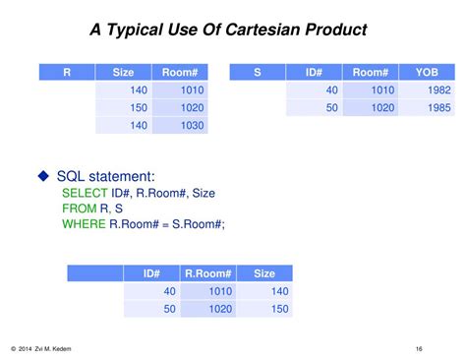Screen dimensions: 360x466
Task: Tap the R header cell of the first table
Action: pyautogui.click(x=67, y=72)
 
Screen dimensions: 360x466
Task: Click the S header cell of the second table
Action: pyautogui.click(x=258, y=72)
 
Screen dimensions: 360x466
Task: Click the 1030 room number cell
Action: pyautogui.click(x=192, y=125)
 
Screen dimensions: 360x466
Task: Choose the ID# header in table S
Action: pyautogui.click(x=315, y=72)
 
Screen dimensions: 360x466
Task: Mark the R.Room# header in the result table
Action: pyautogui.click(x=207, y=273)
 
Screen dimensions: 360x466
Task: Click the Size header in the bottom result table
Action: pyautogui.click(x=264, y=273)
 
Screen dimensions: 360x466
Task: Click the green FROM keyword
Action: pyautogui.click(x=79, y=209)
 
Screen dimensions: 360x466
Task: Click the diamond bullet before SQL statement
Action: pyautogui.click(x=43, y=176)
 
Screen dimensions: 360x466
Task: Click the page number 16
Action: pyautogui.click(x=419, y=349)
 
